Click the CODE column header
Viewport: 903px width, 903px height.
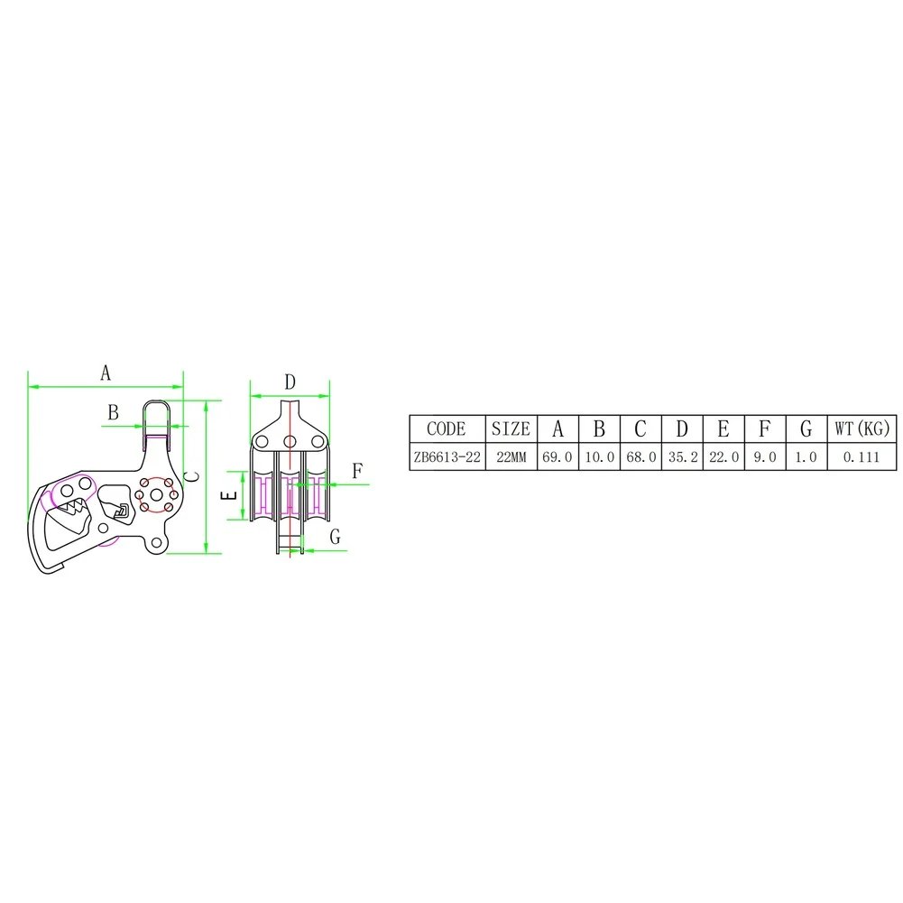447,429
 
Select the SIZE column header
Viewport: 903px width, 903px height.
511,429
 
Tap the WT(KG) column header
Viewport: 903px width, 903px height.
862,428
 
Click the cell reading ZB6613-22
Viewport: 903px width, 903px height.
447,457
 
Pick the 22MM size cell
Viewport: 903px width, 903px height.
511,457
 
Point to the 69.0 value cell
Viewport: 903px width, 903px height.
557,457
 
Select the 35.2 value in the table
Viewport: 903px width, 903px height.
683,457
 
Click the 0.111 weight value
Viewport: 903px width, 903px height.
862,457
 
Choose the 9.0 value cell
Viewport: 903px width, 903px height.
765,457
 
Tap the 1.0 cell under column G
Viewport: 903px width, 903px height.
806,457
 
